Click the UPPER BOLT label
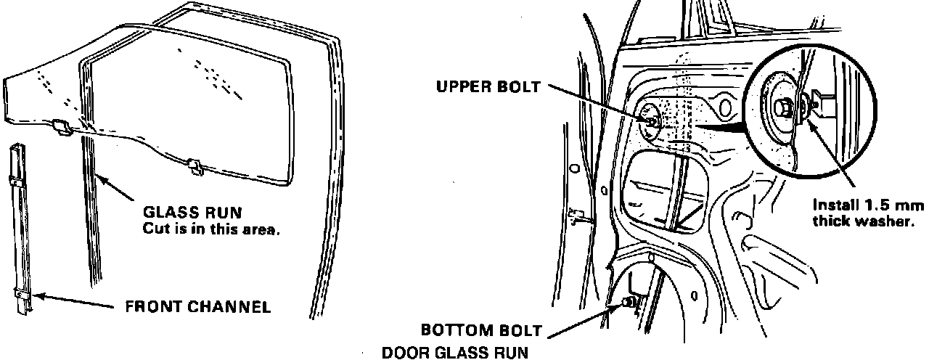tap(488, 87)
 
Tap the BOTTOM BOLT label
tap(482, 331)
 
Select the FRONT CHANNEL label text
tap(198, 306)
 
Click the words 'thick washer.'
tap(860, 221)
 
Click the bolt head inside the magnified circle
tap(785, 107)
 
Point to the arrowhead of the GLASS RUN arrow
tap(98, 176)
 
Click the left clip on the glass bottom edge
tap(63, 128)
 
